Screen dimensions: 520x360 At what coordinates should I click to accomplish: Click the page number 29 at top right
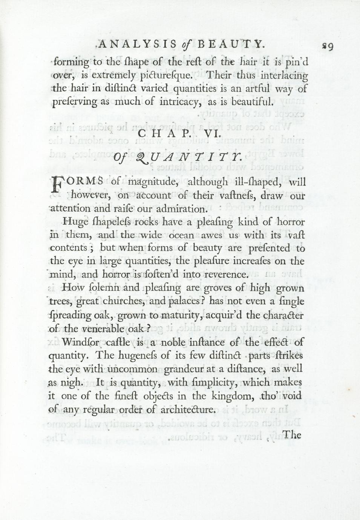click(x=327, y=46)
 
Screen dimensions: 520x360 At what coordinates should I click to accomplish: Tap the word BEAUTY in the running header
click(x=230, y=45)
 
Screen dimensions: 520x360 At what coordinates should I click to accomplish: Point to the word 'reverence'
click(x=225, y=274)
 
